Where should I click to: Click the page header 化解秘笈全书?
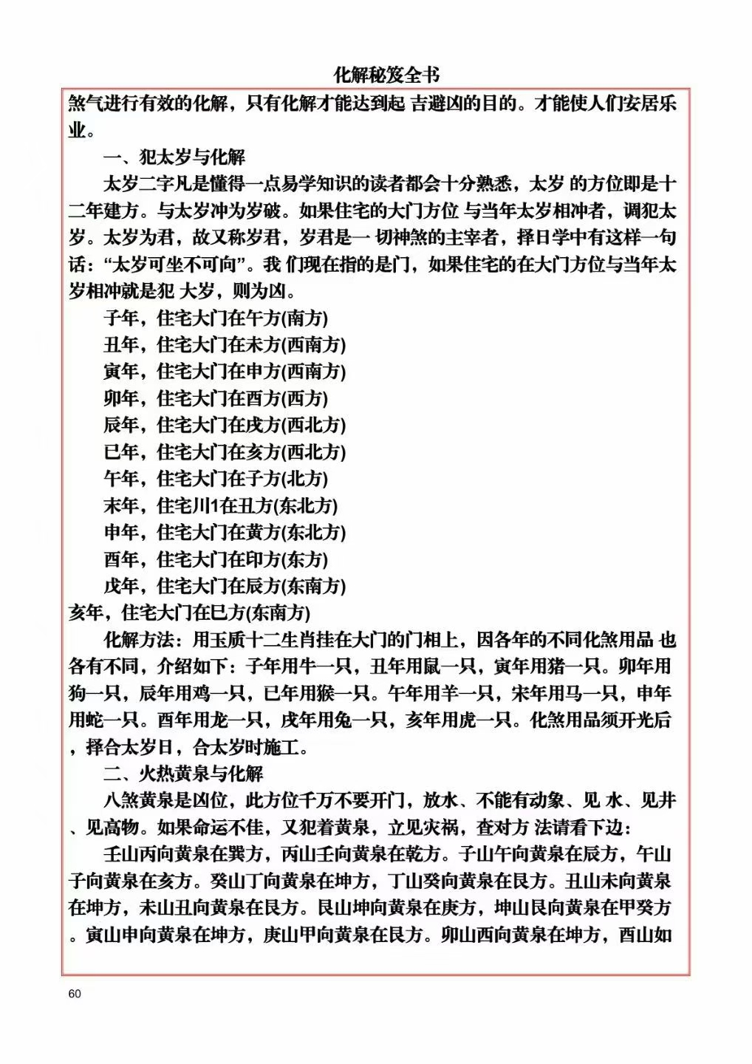coord(386,75)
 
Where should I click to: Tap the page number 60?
coord(74,994)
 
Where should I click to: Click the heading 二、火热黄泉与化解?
coord(183,774)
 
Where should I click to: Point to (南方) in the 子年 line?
coord(305,318)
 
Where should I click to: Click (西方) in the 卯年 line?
coord(305,398)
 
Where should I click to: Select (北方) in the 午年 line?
coord(305,478)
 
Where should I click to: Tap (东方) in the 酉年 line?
coord(305,559)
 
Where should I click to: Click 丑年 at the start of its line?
coord(121,344)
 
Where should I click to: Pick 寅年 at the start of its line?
coord(121,371)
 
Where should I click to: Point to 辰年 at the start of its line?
coord(121,425)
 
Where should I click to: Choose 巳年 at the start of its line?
coord(121,451)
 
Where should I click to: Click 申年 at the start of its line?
coord(121,532)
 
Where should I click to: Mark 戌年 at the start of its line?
coord(121,586)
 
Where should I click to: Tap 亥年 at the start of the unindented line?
coord(86,613)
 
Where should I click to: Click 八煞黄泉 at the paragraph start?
coord(138,800)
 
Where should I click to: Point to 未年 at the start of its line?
coord(121,505)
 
